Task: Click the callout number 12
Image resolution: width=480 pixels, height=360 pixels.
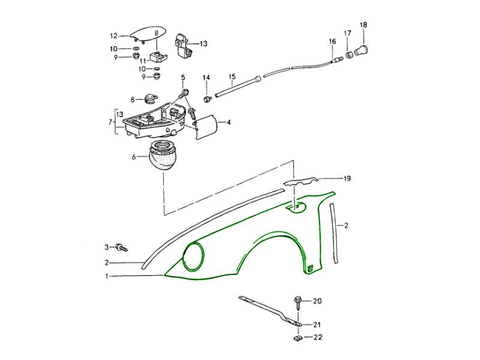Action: pyautogui.click(x=113, y=35)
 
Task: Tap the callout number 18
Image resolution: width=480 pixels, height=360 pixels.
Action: pyautogui.click(x=363, y=25)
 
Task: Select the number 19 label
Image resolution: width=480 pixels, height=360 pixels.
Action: pyautogui.click(x=347, y=179)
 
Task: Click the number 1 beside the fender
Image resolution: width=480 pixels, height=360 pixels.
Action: pyautogui.click(x=107, y=277)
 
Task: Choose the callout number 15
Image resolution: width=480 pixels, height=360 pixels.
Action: pyautogui.click(x=232, y=77)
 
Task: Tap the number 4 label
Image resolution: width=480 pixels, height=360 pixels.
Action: pyautogui.click(x=229, y=122)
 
